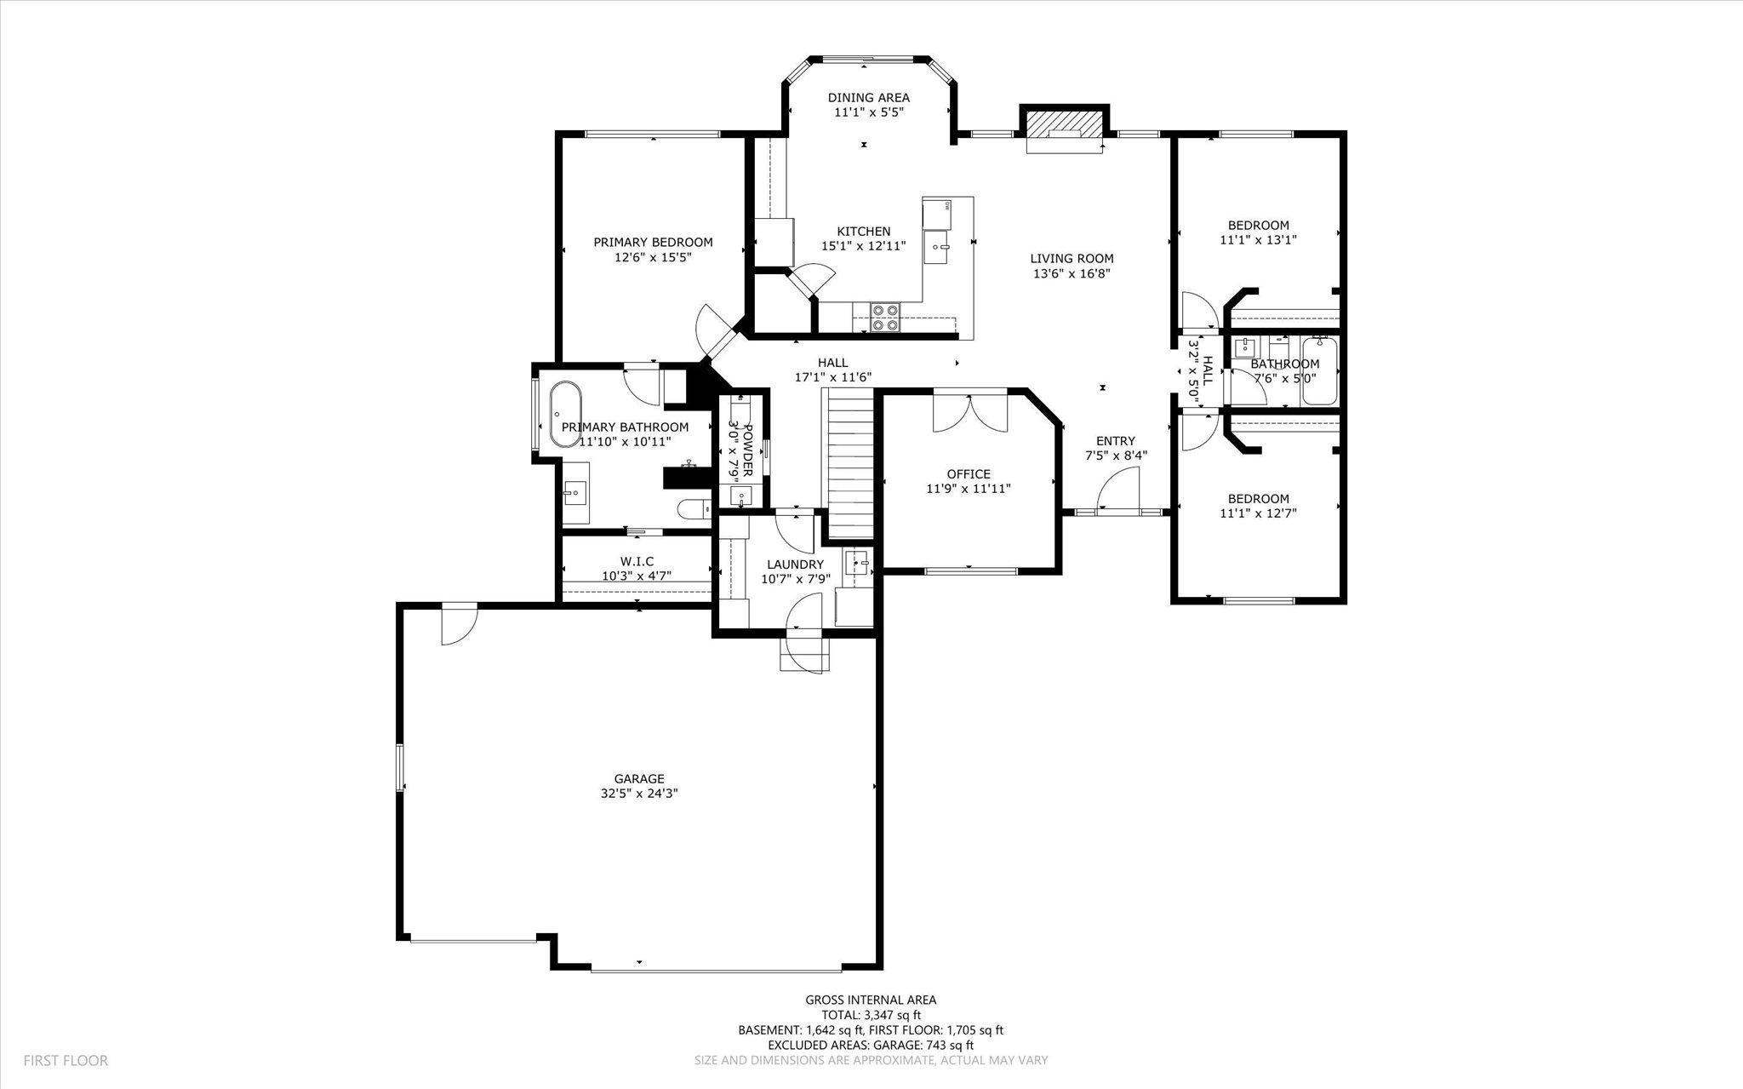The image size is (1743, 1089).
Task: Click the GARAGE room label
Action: (x=639, y=778)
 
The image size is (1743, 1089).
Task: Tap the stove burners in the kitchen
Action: (x=885, y=318)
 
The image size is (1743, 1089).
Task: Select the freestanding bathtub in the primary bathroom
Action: (x=564, y=415)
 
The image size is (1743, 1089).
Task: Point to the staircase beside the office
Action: (x=851, y=465)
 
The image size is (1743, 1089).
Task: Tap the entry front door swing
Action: (x=1118, y=491)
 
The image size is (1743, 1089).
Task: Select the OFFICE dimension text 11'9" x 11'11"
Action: (x=969, y=489)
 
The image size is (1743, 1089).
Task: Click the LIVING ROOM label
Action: (x=1072, y=259)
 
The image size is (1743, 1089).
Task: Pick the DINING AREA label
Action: (x=869, y=97)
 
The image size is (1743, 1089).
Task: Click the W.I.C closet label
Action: (x=637, y=561)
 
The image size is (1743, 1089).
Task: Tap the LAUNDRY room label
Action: (x=795, y=565)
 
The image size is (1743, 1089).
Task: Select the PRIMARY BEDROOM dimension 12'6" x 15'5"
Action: (x=653, y=256)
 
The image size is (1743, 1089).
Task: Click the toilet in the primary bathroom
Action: (x=694, y=509)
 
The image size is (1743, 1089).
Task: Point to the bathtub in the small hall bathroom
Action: (x=1319, y=371)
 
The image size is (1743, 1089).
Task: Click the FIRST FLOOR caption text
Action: (x=66, y=1061)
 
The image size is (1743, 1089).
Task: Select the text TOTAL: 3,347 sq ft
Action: (x=871, y=1015)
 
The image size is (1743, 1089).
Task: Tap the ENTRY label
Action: (x=1116, y=441)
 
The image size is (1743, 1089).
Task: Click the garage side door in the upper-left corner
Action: (x=460, y=624)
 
